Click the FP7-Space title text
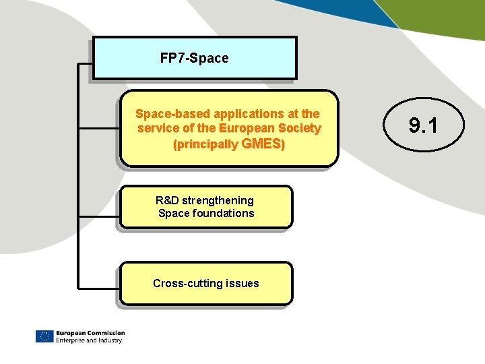point(194,59)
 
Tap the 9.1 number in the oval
point(424,125)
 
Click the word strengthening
point(218,200)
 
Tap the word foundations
point(224,214)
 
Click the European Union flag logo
point(44,336)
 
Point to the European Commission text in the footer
point(90,333)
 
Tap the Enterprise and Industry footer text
point(89,340)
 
